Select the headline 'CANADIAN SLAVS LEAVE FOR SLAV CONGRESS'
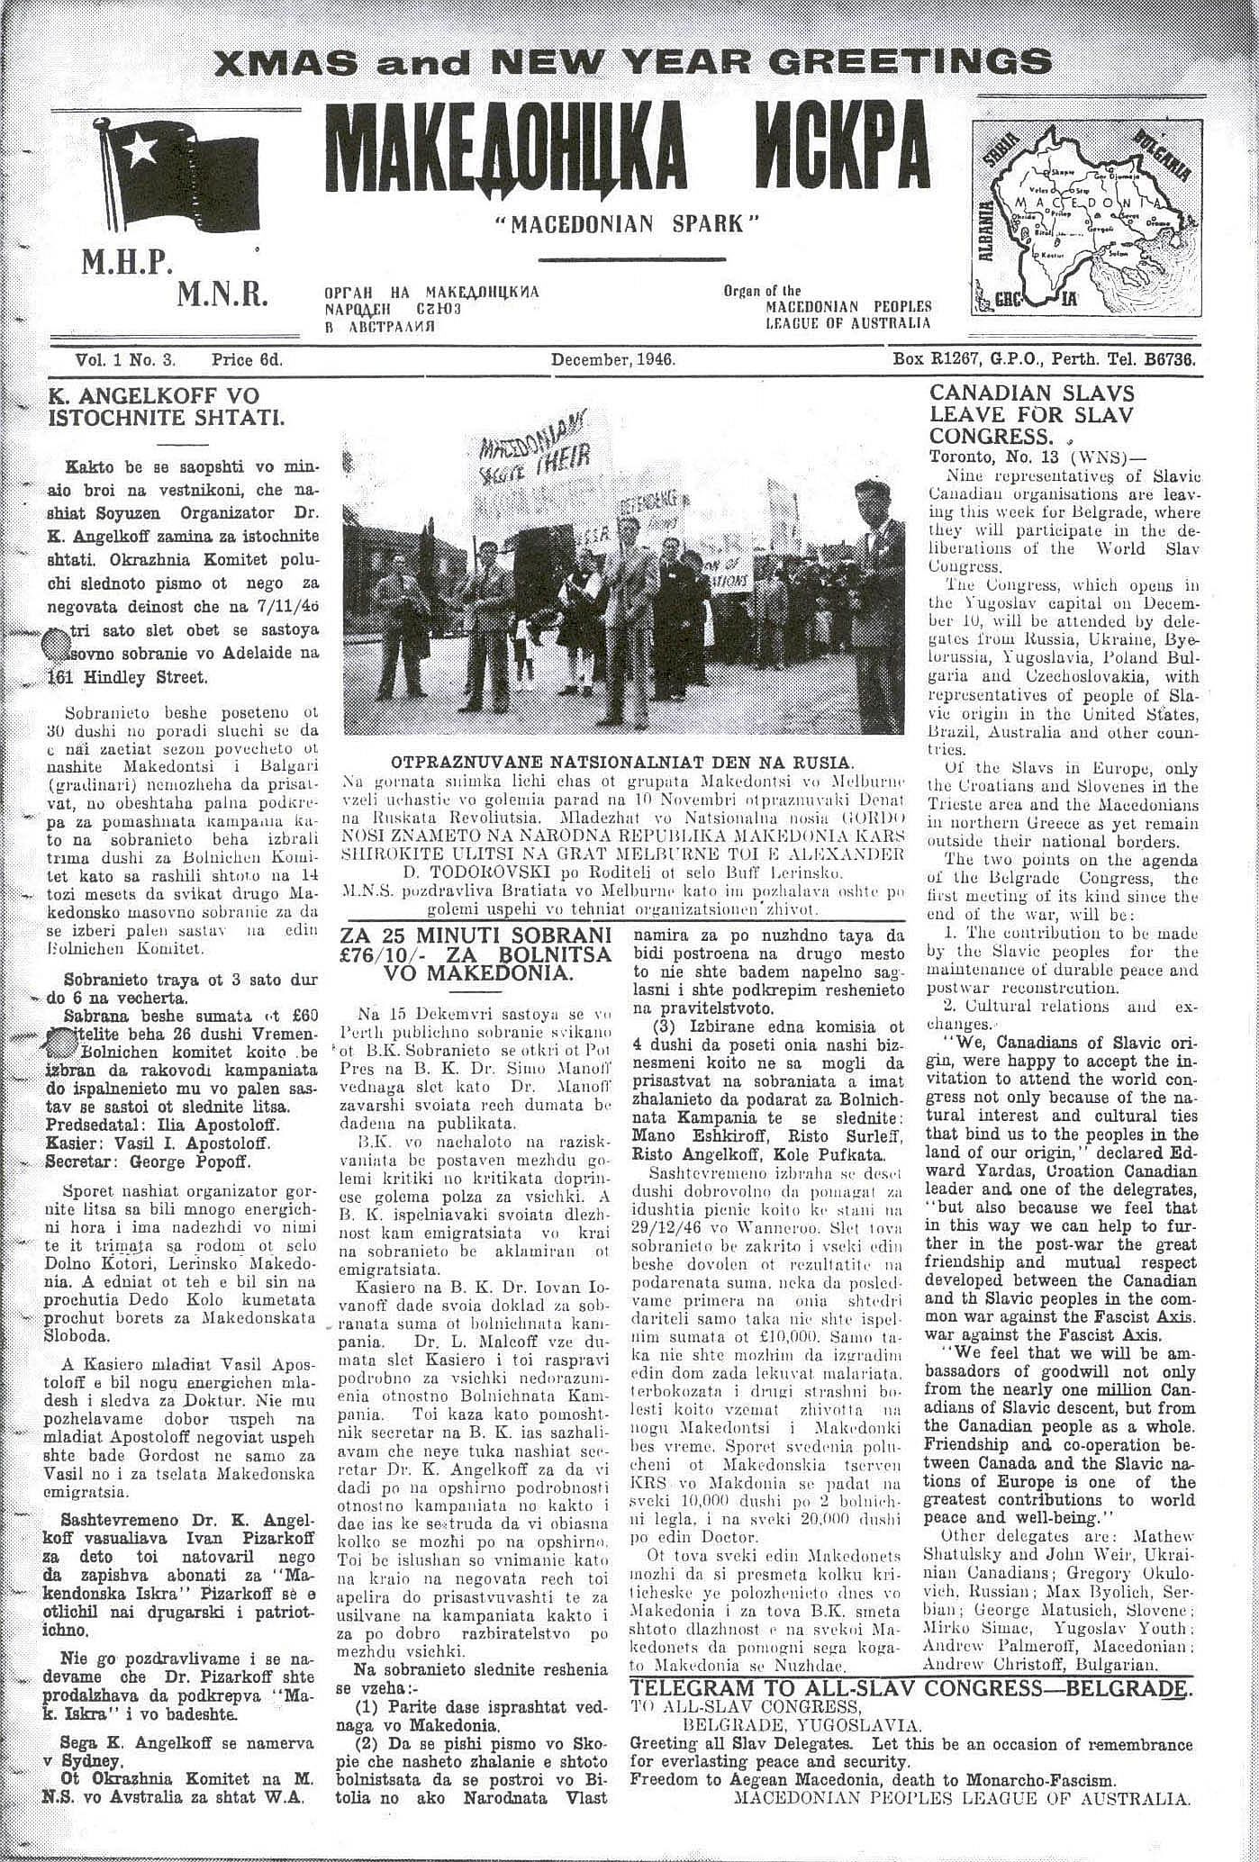click(1031, 414)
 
